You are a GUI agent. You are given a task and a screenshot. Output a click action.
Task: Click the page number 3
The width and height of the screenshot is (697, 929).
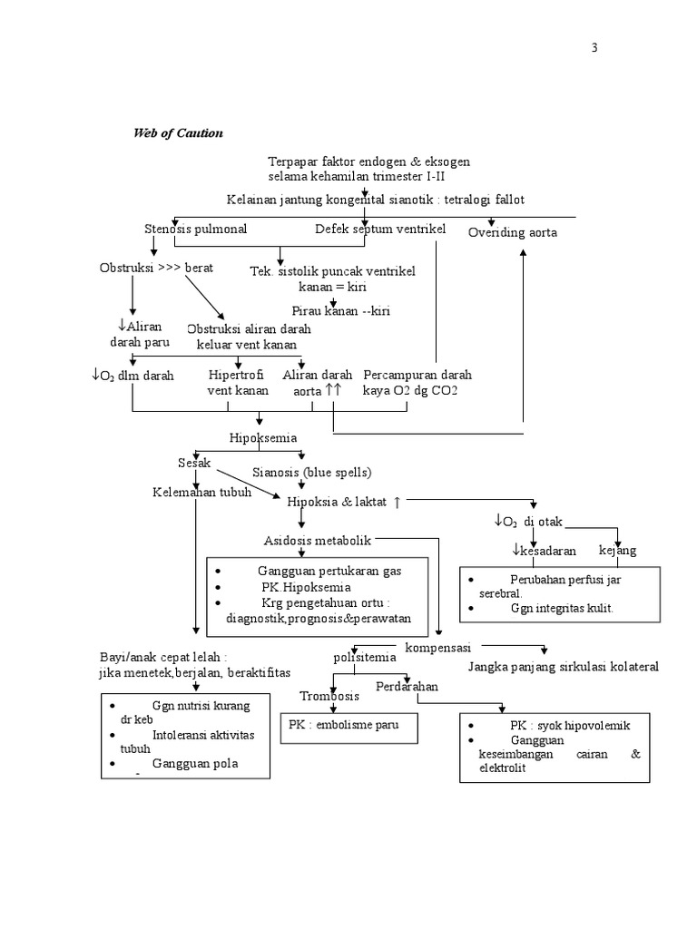click(x=595, y=49)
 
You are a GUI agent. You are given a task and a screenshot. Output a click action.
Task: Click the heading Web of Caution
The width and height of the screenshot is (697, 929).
click(x=178, y=133)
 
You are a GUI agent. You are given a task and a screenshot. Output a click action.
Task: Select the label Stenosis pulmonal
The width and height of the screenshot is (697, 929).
click(x=195, y=229)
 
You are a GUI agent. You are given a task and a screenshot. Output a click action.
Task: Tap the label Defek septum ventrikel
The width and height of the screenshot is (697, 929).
click(x=380, y=229)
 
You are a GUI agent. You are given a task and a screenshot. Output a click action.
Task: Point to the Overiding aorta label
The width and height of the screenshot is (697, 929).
click(x=513, y=233)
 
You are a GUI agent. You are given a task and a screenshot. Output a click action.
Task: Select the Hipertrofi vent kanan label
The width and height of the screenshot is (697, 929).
click(x=238, y=383)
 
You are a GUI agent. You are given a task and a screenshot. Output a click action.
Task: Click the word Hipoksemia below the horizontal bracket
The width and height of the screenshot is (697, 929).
click(x=263, y=438)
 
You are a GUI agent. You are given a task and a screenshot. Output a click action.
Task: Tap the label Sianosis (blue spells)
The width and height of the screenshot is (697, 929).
click(x=312, y=473)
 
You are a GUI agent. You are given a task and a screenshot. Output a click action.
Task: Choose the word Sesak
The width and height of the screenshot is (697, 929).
click(x=194, y=463)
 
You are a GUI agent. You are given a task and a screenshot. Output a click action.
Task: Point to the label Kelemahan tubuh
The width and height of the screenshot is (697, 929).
click(x=201, y=492)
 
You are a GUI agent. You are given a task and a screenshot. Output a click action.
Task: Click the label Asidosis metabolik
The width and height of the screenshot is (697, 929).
click(x=318, y=541)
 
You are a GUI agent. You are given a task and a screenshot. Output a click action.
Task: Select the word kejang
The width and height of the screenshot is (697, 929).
click(x=617, y=551)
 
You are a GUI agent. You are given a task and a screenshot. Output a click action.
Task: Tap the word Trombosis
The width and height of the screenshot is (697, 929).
click(x=329, y=696)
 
